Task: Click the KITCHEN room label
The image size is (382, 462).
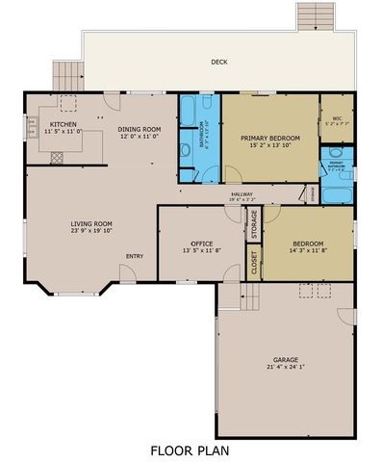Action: tap(64, 124)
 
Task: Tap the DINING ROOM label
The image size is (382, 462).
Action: tap(139, 129)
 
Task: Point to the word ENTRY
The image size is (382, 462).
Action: tap(135, 256)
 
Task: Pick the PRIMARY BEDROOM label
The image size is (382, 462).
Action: tap(270, 139)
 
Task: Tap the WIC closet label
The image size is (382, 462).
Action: tap(337, 118)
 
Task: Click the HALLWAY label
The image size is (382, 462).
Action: tap(242, 195)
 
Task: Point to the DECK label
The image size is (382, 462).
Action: tap(219, 64)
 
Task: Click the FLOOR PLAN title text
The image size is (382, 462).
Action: tap(190, 449)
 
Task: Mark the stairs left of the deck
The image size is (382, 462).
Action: tap(64, 75)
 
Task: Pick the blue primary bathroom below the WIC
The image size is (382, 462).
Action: tap(337, 173)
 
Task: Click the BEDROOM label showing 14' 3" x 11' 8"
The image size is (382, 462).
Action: tap(308, 244)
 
